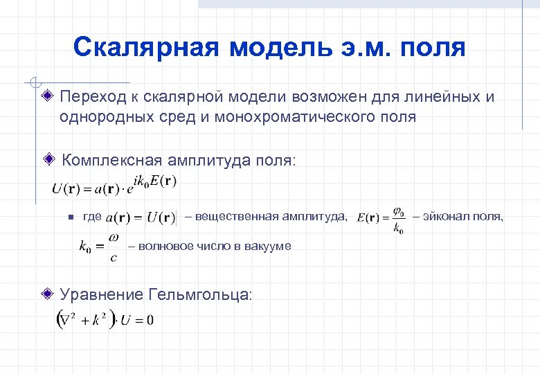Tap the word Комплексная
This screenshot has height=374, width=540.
tap(113, 161)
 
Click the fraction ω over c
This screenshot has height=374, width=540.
tap(114, 247)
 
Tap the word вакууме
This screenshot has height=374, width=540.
tap(267, 246)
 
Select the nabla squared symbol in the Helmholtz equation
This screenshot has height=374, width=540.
tap(68, 320)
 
